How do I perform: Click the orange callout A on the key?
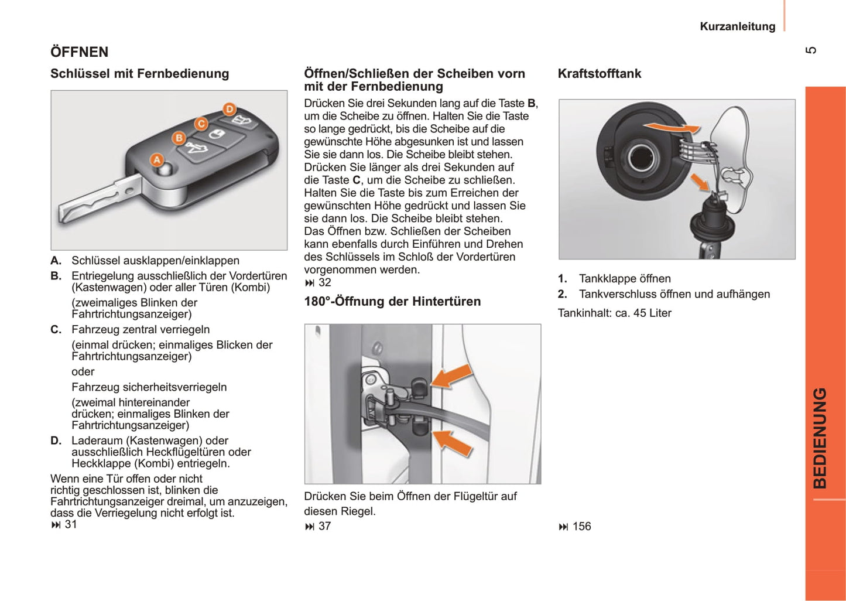(157, 160)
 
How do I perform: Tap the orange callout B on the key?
(179, 138)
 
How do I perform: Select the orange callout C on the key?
(201, 124)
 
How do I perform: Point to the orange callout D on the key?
(230, 109)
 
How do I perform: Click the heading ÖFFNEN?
(79, 52)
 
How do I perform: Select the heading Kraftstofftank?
(599, 74)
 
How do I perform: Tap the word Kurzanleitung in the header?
(737, 26)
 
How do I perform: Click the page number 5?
(811, 50)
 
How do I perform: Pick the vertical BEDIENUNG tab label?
(820, 438)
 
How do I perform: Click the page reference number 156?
(581, 527)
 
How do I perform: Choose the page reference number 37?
(324, 527)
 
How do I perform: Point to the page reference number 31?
(71, 524)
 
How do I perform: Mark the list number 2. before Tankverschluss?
(562, 294)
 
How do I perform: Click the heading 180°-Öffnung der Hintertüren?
(392, 302)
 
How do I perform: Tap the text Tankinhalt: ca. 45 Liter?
(614, 313)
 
